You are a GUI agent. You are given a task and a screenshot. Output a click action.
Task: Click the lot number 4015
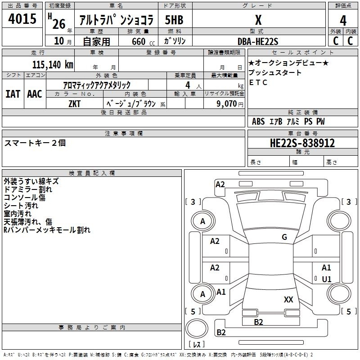pyautogui.click(x=22, y=18)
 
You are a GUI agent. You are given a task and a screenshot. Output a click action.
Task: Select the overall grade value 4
pyautogui.click(x=343, y=21)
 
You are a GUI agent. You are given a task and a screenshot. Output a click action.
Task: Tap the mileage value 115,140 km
pyautogui.click(x=53, y=65)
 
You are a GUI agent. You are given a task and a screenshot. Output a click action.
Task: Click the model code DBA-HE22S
pyautogui.click(x=258, y=41)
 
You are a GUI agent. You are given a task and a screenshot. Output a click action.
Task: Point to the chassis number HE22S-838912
pyautogui.click(x=302, y=143)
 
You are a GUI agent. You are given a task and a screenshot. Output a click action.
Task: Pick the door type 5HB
pyautogui.click(x=174, y=20)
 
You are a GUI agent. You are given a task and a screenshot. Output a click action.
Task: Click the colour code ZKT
pyautogui.click(x=74, y=104)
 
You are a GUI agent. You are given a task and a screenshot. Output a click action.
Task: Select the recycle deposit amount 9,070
pyautogui.click(x=227, y=103)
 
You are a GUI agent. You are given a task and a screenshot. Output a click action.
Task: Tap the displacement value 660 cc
pyautogui.click(x=143, y=41)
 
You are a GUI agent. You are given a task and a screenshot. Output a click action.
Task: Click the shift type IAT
pyautogui.click(x=13, y=94)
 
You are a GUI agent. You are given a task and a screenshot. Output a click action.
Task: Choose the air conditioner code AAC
pyautogui.click(x=35, y=94)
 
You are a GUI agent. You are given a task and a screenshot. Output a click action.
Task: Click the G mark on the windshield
pyautogui.click(x=284, y=237)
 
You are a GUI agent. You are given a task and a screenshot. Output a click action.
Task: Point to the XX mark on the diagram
pyautogui.click(x=288, y=299)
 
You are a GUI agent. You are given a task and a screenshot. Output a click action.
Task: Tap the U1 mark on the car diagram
pyautogui.click(x=327, y=279)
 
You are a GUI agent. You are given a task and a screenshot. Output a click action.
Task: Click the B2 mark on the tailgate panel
pyautogui.click(x=258, y=322)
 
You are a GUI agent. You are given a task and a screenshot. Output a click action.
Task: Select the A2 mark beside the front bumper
pyautogui.click(x=220, y=184)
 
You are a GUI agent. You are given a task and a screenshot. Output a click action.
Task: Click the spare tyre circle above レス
pyautogui.click(x=197, y=328)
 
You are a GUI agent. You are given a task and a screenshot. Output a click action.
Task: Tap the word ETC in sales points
pyautogui.click(x=258, y=82)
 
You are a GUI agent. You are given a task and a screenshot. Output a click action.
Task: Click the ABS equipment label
pyautogui.click(x=258, y=121)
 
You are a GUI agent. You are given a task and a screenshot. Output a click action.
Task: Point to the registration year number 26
pyautogui.click(x=59, y=24)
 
